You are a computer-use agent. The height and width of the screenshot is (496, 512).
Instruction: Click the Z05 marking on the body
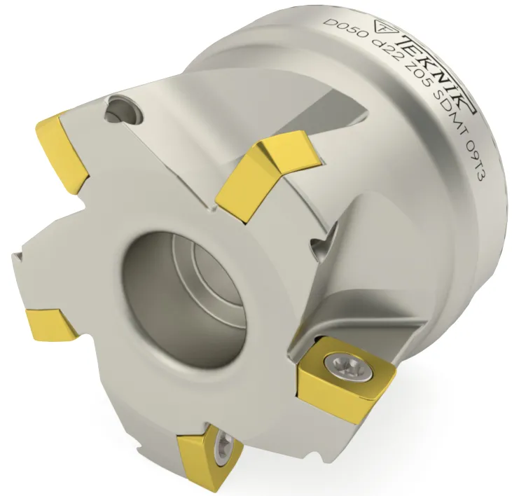pos(410,95)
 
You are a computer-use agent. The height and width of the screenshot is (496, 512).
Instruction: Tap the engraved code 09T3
pos(471,173)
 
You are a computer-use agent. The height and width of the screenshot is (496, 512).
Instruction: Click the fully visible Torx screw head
pos(349,368)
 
